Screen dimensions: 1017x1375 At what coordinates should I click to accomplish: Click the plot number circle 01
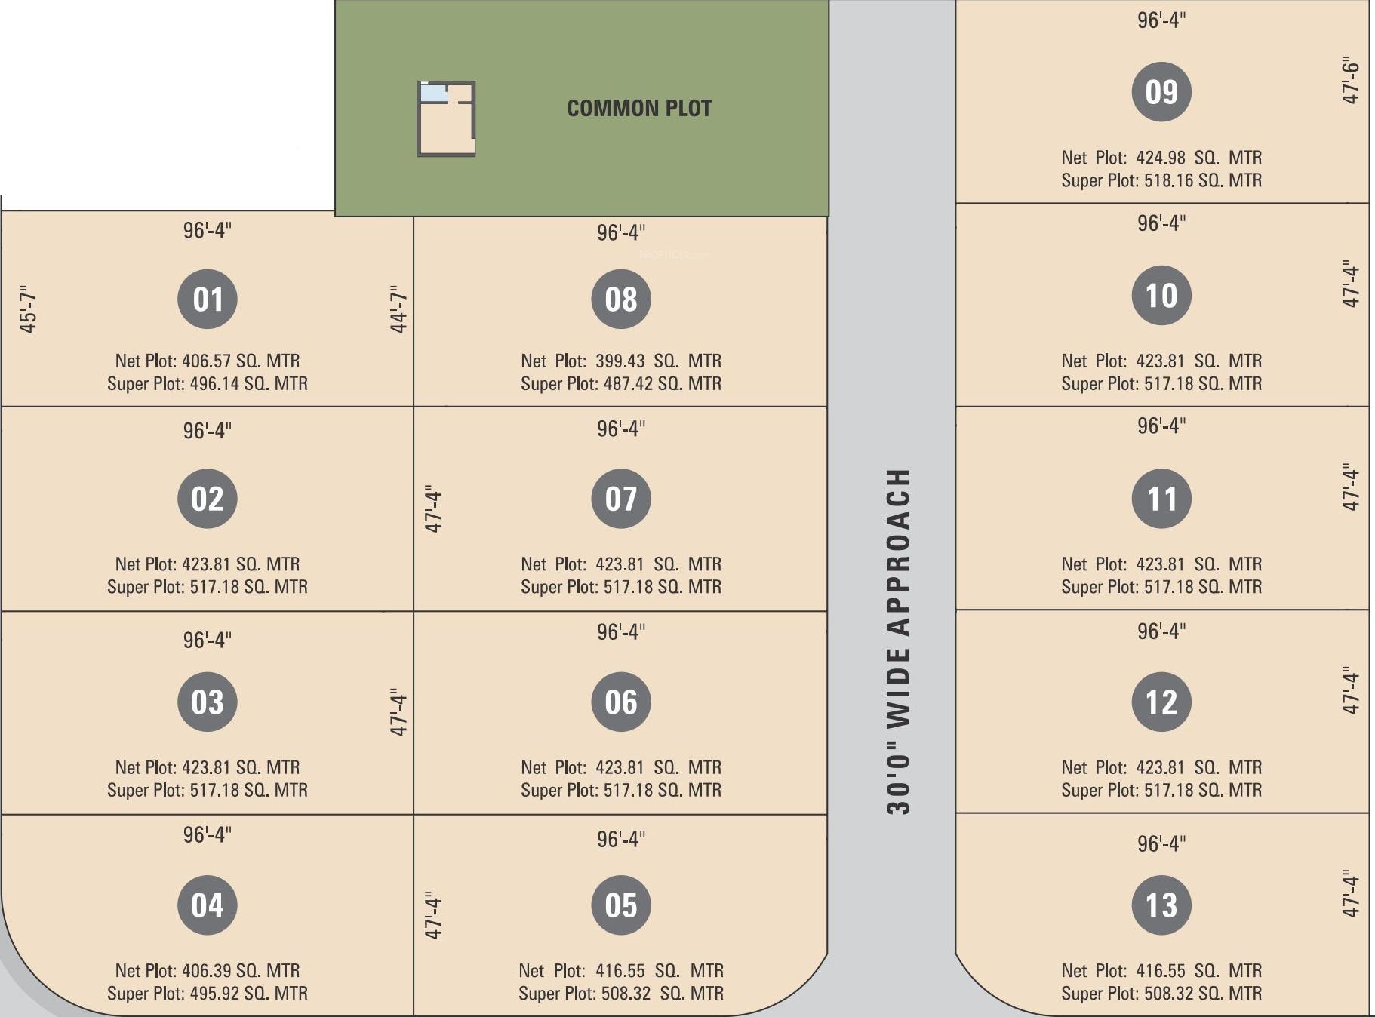208,299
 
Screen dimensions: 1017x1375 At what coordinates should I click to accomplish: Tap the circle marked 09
1161,92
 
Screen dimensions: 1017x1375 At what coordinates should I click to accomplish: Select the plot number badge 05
621,905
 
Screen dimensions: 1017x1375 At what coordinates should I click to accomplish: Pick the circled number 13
1161,905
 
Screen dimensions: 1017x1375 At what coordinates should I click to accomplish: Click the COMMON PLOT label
639,109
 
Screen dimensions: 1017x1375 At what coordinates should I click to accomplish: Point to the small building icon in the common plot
446,118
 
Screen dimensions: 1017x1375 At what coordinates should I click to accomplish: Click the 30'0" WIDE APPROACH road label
898,641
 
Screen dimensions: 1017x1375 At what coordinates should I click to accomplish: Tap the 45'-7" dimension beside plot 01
28,309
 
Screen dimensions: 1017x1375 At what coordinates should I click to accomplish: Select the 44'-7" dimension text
398,309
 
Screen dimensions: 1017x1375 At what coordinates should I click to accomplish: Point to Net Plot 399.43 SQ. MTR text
621,361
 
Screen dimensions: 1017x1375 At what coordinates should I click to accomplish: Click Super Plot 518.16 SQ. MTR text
1161,180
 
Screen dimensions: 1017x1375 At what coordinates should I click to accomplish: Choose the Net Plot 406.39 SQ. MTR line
208,970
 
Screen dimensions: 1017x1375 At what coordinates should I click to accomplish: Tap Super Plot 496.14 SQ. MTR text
208,383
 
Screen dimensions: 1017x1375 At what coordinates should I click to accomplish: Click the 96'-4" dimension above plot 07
621,429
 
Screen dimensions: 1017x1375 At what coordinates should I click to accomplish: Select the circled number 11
1161,499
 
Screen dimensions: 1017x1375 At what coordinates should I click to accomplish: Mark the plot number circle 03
208,702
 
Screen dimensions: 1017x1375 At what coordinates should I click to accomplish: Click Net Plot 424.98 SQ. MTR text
1161,158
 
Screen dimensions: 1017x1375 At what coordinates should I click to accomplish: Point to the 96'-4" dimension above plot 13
1161,843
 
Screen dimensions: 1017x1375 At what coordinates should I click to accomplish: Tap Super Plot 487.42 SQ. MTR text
621,383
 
